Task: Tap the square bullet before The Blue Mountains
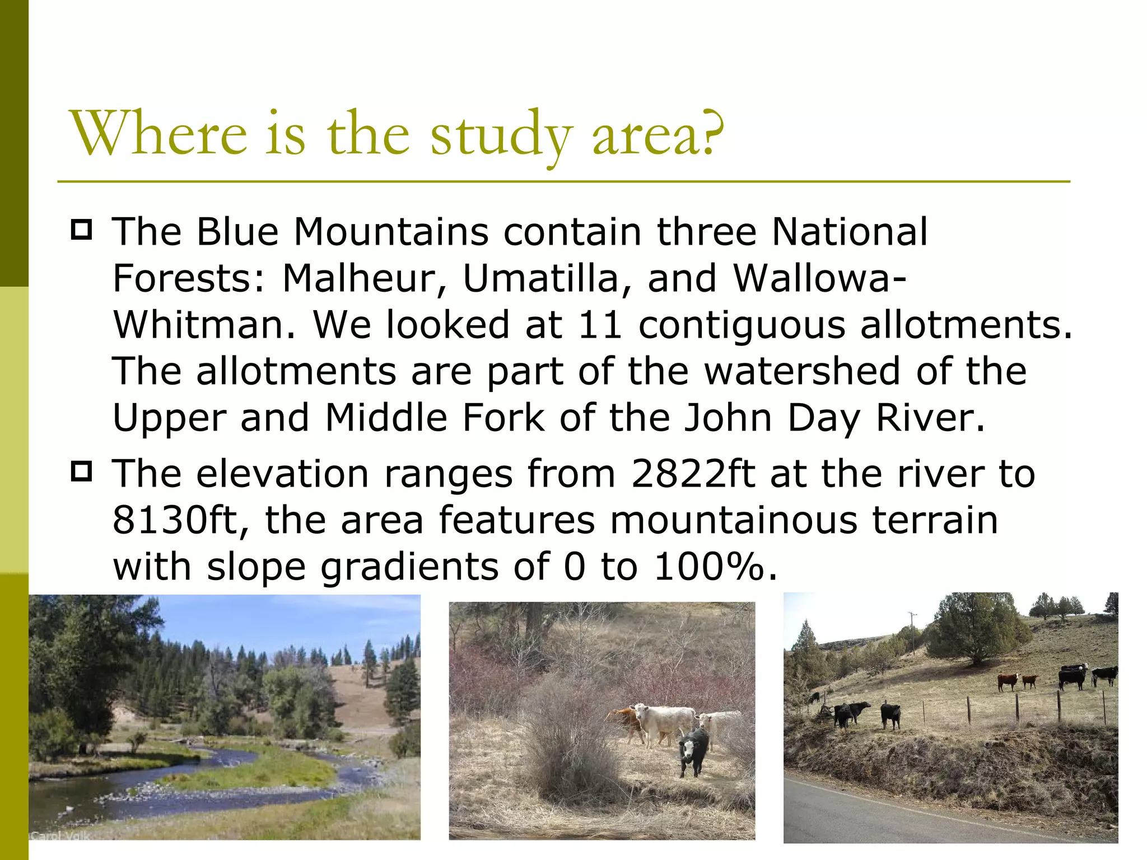(82, 230)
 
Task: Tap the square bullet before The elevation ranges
(82, 471)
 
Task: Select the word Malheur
(358, 278)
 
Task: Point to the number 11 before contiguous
(600, 325)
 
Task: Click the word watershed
(802, 371)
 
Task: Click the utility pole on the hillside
(913, 633)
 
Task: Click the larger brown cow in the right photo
(1008, 681)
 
